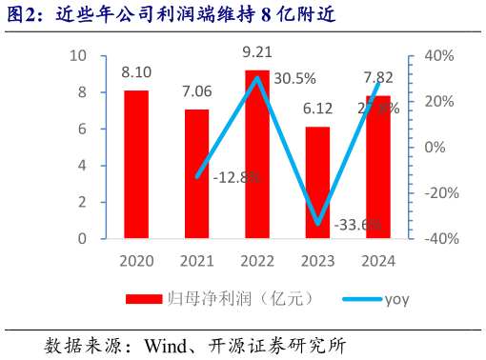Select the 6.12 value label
(x=317, y=109)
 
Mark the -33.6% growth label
(x=358, y=225)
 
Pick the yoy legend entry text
(x=395, y=300)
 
